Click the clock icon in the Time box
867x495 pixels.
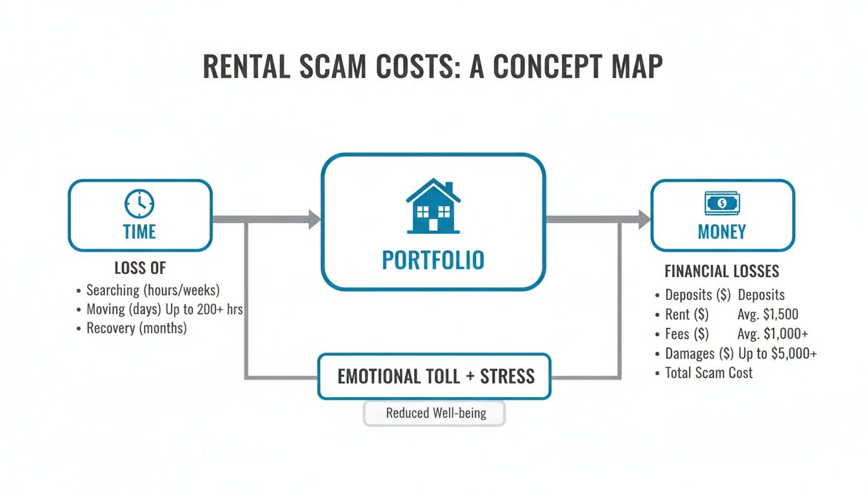(139, 204)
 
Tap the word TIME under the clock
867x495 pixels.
(139, 231)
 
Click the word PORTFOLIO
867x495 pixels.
(433, 260)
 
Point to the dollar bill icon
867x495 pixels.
(722, 204)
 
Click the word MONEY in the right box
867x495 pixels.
(722, 231)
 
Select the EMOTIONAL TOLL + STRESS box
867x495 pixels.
(435, 376)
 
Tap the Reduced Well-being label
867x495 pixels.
(435, 413)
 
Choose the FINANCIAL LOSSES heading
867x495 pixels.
(722, 271)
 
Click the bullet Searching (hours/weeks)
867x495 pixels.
(153, 290)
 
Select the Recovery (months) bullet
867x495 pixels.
(136, 329)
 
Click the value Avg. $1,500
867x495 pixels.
(768, 315)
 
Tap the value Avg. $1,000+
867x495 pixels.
(773, 334)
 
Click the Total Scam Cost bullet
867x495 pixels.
(708, 373)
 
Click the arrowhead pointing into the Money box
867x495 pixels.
(644, 220)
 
